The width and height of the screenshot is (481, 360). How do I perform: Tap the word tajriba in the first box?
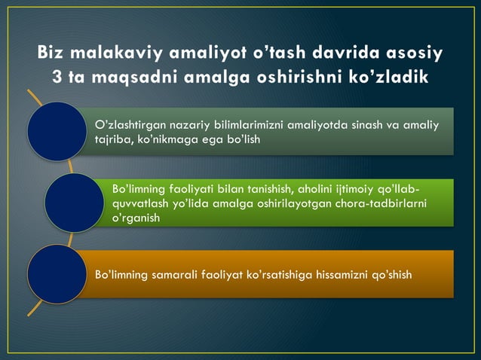111,140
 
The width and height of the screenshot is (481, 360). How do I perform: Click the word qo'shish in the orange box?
390,275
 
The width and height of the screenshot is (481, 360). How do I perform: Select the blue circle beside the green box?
73,203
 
